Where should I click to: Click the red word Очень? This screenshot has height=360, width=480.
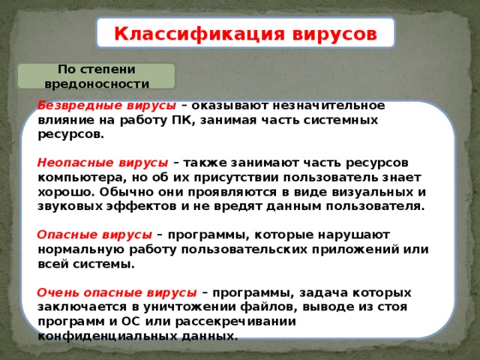coord(55,292)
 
